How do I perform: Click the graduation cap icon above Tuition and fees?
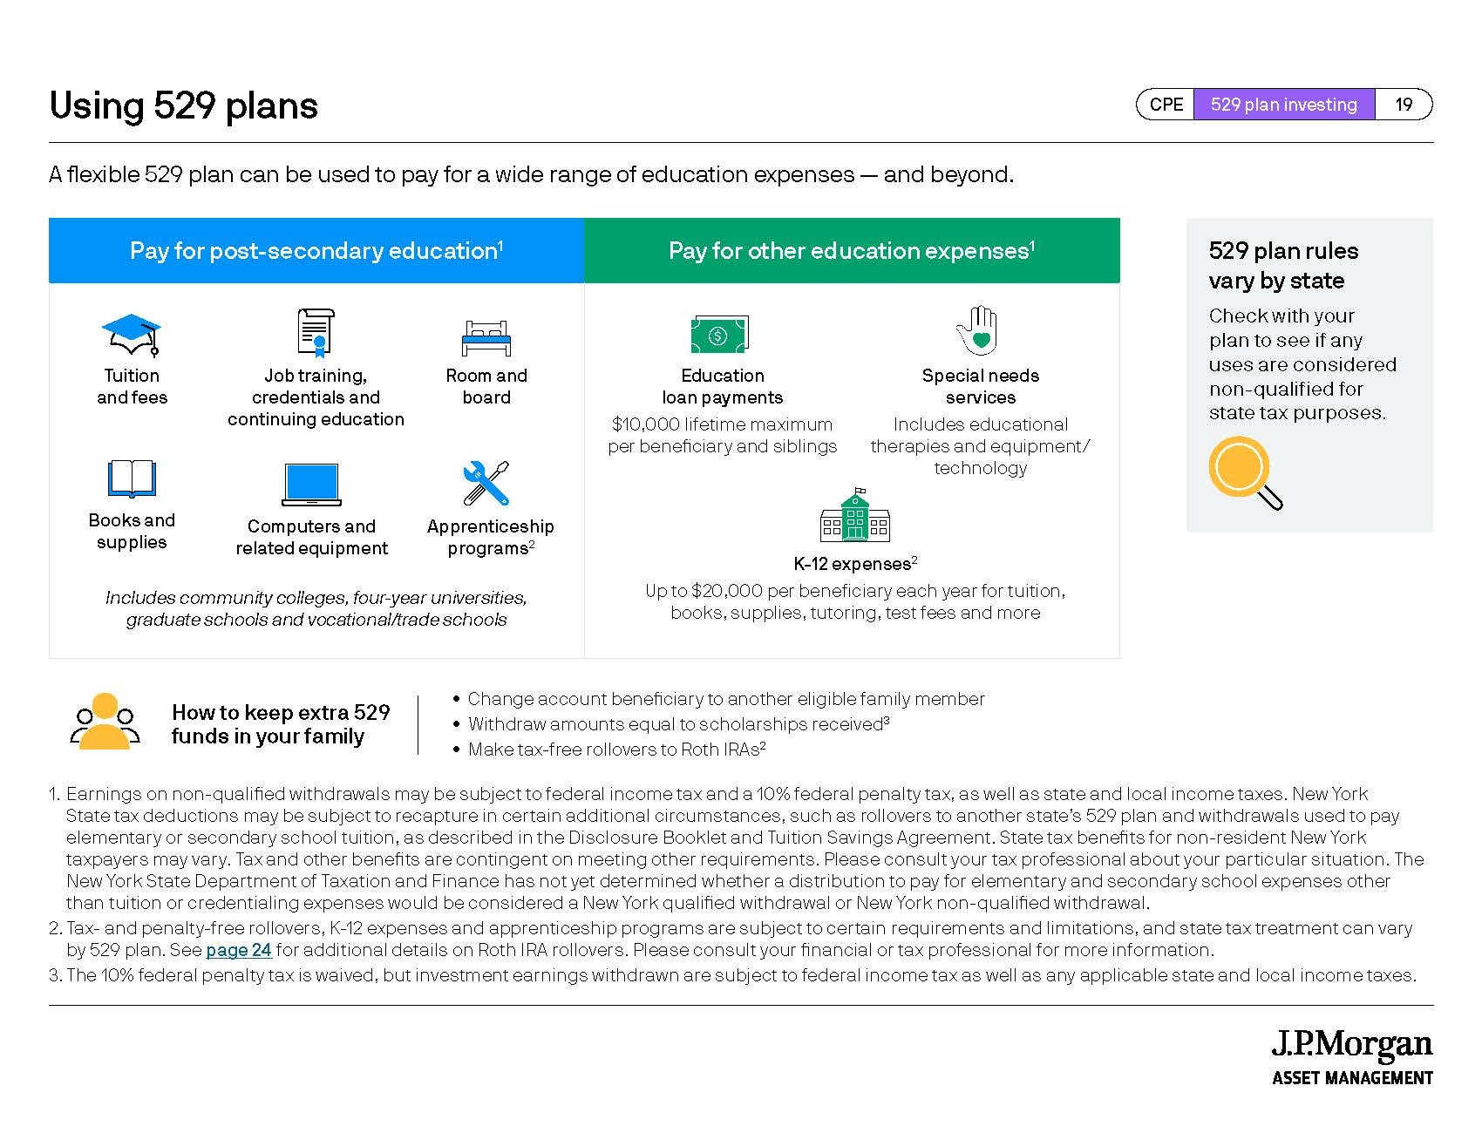(132, 335)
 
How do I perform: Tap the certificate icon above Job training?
(316, 333)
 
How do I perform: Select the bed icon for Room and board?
(486, 337)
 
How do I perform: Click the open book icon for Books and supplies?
(132, 478)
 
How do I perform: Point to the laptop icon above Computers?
(311, 485)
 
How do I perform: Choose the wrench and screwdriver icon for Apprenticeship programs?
(486, 484)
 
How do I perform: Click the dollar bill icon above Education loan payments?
(719, 335)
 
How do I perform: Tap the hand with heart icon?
(978, 330)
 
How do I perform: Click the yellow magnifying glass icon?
(1244, 472)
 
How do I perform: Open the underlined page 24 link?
(239, 950)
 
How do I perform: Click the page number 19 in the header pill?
(1404, 105)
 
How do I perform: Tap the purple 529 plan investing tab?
(1284, 105)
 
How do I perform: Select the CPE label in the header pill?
(1166, 105)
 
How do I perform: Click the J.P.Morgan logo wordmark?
(1352, 1044)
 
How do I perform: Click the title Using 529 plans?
(184, 105)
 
